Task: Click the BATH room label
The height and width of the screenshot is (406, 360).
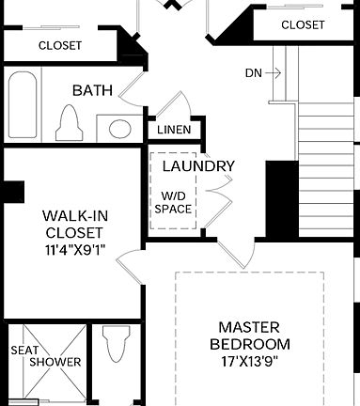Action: pyautogui.click(x=92, y=91)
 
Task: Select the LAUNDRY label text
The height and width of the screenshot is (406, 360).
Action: pyautogui.click(x=198, y=166)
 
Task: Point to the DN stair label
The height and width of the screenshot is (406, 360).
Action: pyautogui.click(x=254, y=72)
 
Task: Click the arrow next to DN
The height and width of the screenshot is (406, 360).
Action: pyautogui.click(x=274, y=72)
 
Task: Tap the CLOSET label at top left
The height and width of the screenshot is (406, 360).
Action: pyautogui.click(x=59, y=45)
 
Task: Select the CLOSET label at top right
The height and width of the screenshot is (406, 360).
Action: pyautogui.click(x=303, y=24)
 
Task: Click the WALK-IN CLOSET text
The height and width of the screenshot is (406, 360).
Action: pyautogui.click(x=73, y=224)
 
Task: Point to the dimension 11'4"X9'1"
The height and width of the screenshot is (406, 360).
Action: pyautogui.click(x=73, y=251)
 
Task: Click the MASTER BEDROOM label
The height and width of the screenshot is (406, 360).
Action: pyautogui.click(x=248, y=336)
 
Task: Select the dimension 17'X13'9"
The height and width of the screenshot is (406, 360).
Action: pyautogui.click(x=248, y=361)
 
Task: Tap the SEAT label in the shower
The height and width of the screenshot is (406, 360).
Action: pyautogui.click(x=24, y=350)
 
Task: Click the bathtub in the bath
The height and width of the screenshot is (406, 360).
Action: pyautogui.click(x=23, y=103)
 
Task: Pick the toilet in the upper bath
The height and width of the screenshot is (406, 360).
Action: pyautogui.click(x=69, y=121)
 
